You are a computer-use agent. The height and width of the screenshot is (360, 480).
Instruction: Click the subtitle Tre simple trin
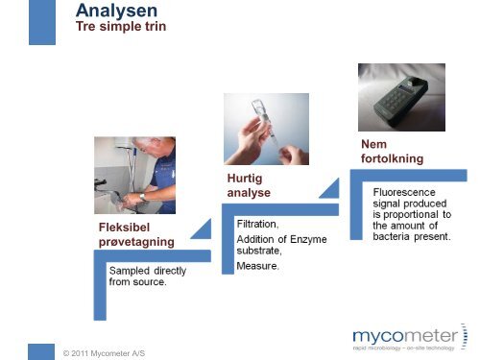pyautogui.click(x=121, y=27)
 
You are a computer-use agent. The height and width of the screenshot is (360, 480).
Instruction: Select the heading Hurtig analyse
pyautogui.click(x=249, y=185)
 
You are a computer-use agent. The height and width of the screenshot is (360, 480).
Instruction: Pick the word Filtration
pyautogui.click(x=258, y=223)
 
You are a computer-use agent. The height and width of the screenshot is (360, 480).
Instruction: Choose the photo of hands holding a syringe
pyautogui.click(x=266, y=129)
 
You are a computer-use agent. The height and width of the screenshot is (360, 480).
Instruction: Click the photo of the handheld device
pyautogui.click(x=401, y=98)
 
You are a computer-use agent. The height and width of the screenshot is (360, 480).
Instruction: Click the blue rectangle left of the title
pyautogui.click(x=41, y=22)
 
